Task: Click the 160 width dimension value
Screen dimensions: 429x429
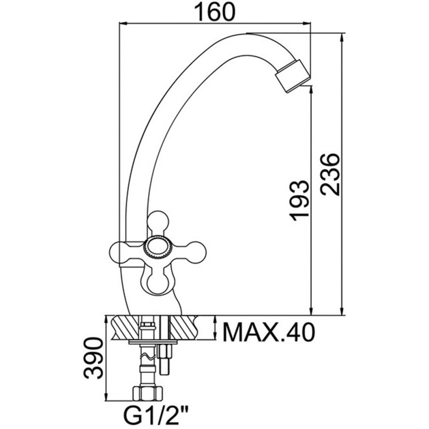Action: (215, 12)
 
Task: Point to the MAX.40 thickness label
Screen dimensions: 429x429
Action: (269, 332)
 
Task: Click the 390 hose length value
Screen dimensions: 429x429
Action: (94, 358)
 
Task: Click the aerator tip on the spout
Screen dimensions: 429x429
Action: (293, 77)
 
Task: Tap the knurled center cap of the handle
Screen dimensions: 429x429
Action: (157, 247)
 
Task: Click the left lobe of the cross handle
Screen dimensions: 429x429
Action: (122, 251)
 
